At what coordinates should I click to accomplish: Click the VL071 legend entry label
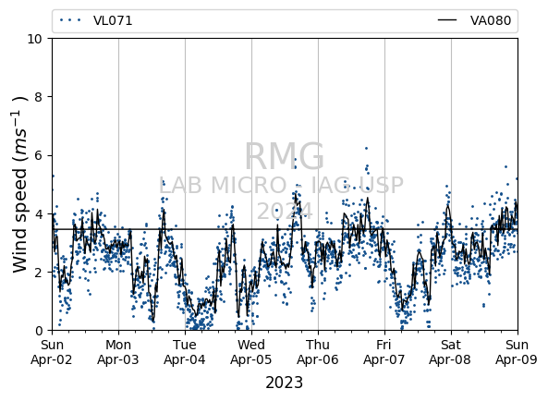click(113, 20)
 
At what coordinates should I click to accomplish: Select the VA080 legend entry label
click(491, 20)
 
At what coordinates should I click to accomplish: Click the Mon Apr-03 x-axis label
click(118, 352)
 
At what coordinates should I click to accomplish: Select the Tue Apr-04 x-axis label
click(185, 352)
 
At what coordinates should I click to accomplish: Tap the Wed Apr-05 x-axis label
click(251, 352)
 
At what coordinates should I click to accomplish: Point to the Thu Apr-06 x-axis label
click(318, 352)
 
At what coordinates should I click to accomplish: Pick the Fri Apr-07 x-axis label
click(384, 352)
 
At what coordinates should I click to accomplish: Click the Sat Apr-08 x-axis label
click(450, 352)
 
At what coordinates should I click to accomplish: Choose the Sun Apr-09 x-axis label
click(517, 352)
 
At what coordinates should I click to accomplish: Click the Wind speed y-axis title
click(20, 184)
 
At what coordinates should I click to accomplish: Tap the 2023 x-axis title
click(284, 383)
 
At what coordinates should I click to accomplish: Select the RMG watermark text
click(284, 156)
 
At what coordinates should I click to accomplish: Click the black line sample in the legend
click(447, 20)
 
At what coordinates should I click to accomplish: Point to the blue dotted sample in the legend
click(70, 20)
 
